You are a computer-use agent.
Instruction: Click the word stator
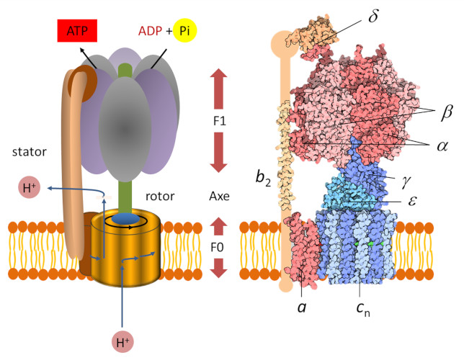click(x=29, y=152)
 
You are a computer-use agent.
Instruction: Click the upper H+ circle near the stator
click(x=29, y=189)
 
